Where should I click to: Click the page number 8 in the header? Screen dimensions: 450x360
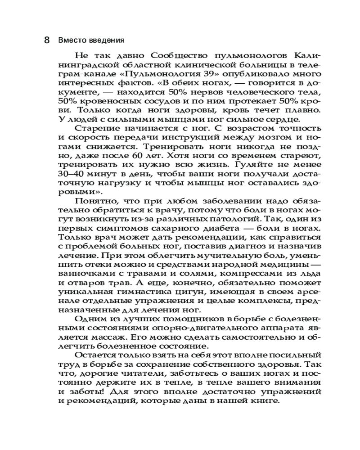pos(47,40)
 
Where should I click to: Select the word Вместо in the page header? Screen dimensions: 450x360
pos(70,40)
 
